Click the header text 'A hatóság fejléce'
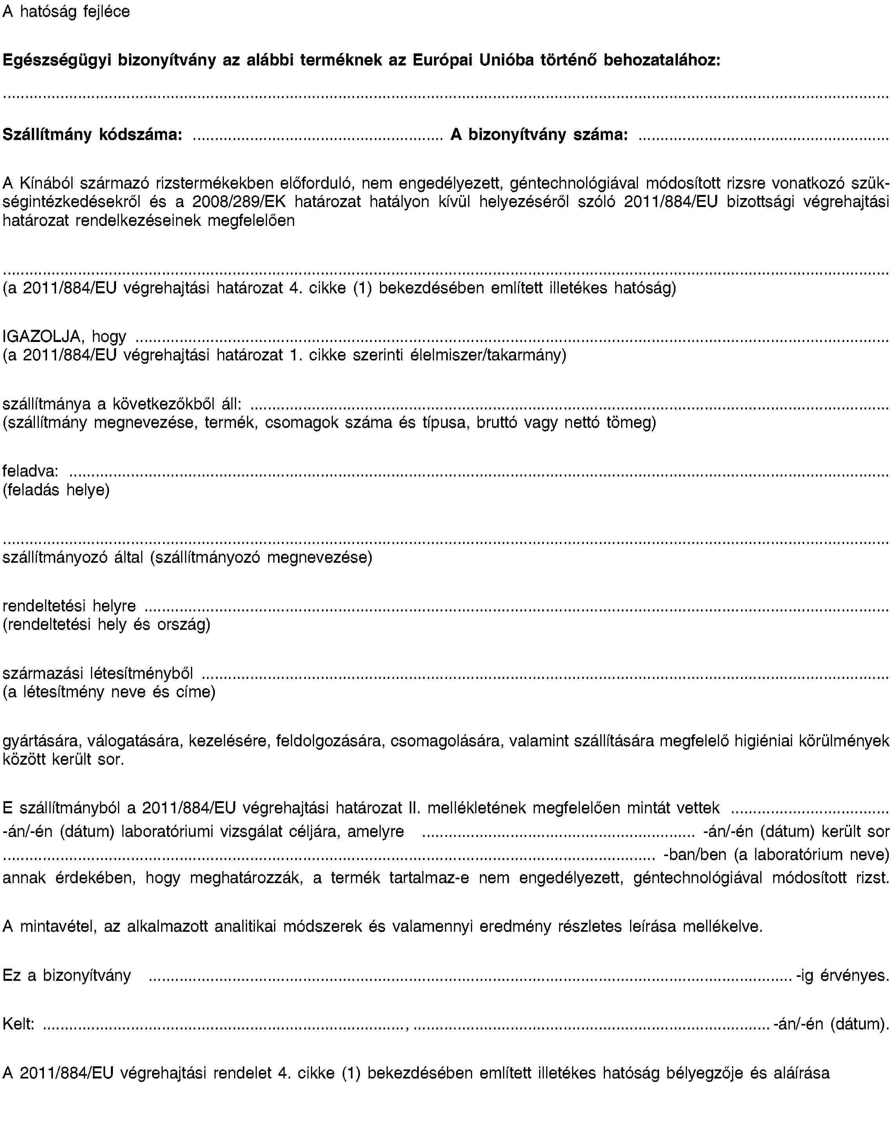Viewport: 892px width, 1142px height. (66, 11)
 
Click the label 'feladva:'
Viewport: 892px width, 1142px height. (30, 471)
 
